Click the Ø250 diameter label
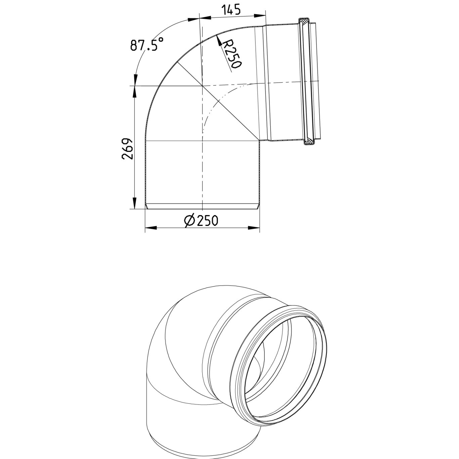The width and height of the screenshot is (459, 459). pyautogui.click(x=201, y=220)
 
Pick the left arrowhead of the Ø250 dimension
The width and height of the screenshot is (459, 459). pyautogui.click(x=151, y=228)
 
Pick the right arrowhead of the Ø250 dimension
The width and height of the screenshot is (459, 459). pyautogui.click(x=254, y=228)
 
